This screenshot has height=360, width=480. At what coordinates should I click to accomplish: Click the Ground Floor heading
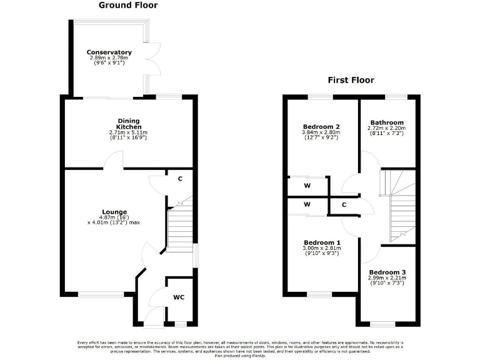128,6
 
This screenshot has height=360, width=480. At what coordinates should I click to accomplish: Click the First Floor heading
351,80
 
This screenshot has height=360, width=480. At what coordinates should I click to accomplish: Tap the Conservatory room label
109,52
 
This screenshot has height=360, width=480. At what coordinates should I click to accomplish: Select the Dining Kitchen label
128,124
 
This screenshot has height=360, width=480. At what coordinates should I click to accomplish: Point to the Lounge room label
115,211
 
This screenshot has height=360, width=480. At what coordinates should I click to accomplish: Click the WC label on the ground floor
179,297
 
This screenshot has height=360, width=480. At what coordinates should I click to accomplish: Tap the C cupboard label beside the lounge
180,179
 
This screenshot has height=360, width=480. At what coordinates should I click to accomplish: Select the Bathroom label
387,122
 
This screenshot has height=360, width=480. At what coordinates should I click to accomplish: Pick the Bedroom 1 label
321,242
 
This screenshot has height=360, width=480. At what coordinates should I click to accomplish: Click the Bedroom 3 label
387,272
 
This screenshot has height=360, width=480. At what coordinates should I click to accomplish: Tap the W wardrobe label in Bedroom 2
307,185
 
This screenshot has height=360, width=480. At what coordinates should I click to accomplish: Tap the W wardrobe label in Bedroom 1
307,204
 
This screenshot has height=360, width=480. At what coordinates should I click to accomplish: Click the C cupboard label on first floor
344,204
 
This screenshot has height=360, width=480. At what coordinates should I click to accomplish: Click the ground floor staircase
179,228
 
